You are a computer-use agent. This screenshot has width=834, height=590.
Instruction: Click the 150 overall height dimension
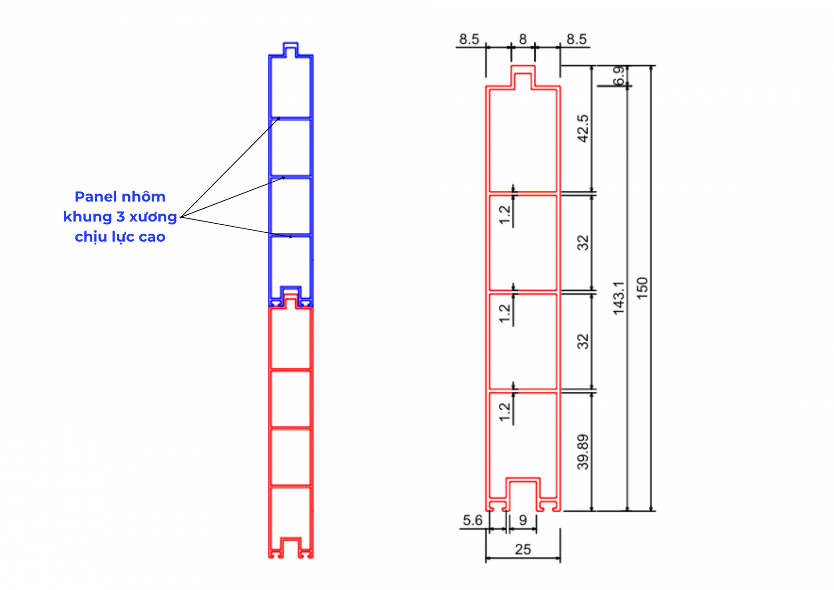click(642, 288)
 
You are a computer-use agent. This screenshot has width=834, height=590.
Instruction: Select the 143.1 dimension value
click(618, 298)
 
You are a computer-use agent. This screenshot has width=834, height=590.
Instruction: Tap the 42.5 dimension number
click(582, 129)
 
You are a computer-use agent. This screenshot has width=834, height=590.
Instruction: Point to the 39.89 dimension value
click(582, 452)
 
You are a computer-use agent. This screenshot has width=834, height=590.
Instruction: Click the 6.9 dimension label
click(619, 76)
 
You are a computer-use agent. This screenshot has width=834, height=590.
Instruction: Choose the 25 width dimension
click(523, 549)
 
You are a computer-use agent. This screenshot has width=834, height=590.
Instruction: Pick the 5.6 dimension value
click(472, 520)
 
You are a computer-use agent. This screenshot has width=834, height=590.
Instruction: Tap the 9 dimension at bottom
click(523, 520)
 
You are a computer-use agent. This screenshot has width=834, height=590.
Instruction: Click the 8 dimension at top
click(523, 39)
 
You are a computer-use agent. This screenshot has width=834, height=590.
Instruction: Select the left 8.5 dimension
click(469, 39)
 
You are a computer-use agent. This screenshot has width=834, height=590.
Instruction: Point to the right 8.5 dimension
click(576, 39)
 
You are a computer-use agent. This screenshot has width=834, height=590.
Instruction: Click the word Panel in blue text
click(92, 196)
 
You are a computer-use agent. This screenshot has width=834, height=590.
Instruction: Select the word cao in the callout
click(152, 237)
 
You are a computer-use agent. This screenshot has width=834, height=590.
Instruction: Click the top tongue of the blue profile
click(291, 49)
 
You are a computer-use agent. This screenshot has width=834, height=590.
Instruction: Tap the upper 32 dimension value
click(582, 243)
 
